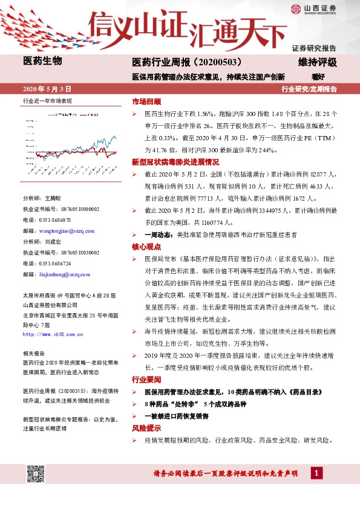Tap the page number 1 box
(316, 473)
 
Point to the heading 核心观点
(146, 247)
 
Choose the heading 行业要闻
(146, 380)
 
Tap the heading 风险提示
(146, 428)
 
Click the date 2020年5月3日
(47, 88)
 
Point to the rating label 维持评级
(317, 62)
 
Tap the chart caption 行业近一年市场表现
(47, 101)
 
